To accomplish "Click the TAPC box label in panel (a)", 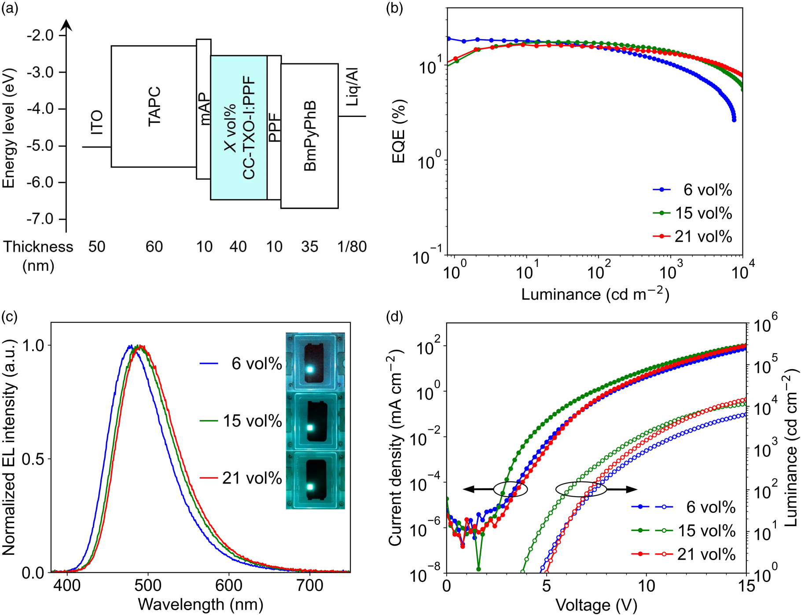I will [154, 106].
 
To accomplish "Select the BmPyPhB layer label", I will [310, 136].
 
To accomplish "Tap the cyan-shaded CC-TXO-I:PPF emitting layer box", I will [239, 128].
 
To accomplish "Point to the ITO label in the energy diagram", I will [97, 122].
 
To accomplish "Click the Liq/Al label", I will [352, 87].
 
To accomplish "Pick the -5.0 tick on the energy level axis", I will [40, 146].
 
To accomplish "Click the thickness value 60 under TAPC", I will [154, 247].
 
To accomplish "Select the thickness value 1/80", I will [352, 247].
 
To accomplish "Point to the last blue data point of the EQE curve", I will [734, 120].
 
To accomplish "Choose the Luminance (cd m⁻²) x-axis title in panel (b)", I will [595, 294].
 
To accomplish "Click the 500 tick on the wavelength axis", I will [148, 586].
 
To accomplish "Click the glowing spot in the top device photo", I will [310, 369].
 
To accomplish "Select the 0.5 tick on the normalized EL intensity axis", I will [33, 459].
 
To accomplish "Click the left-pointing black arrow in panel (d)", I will [478, 489].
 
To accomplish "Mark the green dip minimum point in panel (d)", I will [478, 569].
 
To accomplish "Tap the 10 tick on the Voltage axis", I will [646, 586].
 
